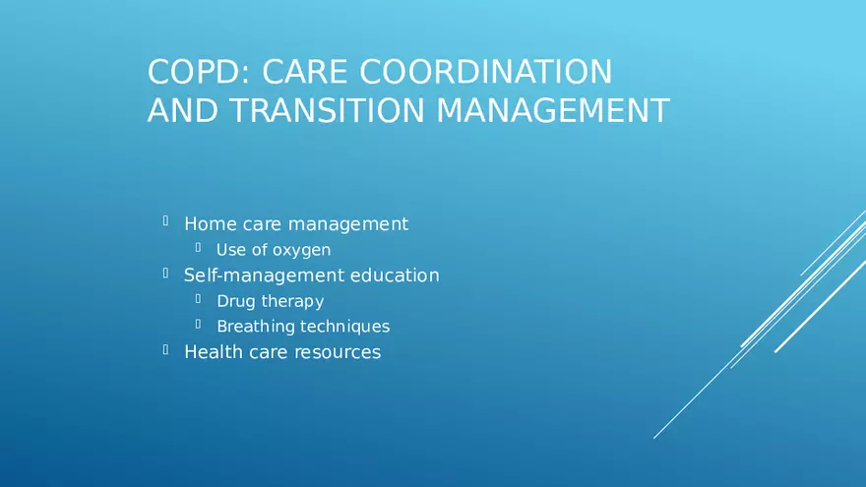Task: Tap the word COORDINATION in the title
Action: (485, 72)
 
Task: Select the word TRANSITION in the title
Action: (329, 111)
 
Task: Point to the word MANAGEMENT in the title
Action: (552, 111)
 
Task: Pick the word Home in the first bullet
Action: (210, 224)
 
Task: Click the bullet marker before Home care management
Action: (166, 223)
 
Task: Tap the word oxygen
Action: (301, 250)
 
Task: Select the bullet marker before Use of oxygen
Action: (198, 249)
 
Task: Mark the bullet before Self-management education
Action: (166, 274)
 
